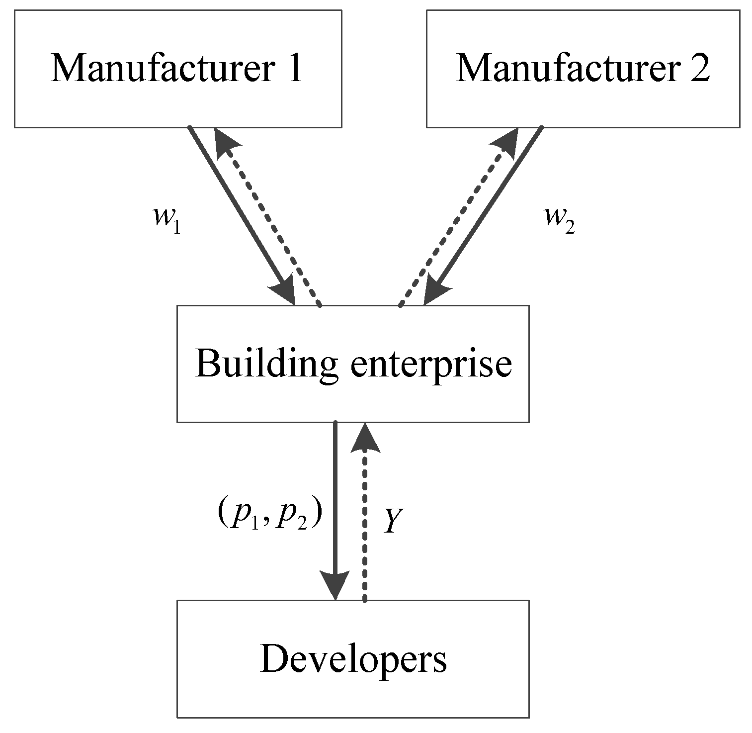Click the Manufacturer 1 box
click(x=177, y=69)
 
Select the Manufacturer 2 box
click(x=583, y=69)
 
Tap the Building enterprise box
click(x=353, y=364)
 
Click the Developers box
click(x=353, y=659)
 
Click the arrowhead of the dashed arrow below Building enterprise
click(x=365, y=438)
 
